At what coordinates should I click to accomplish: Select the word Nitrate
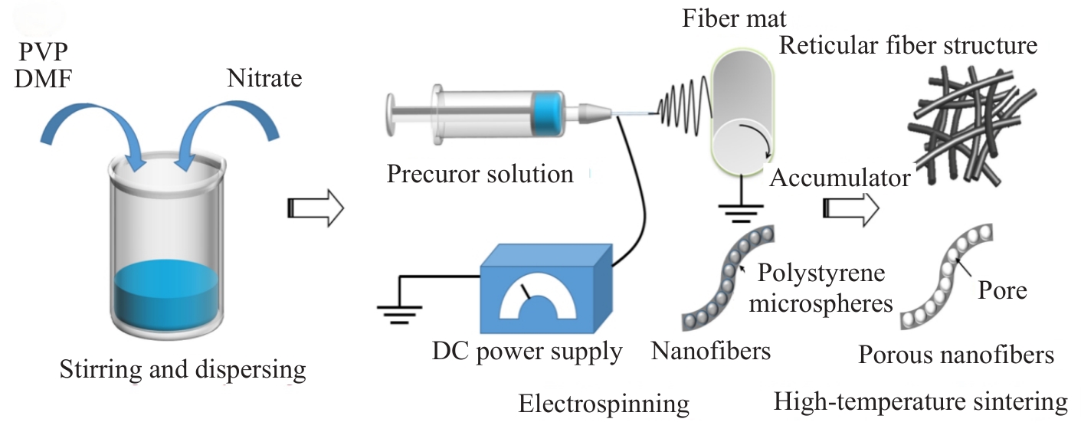click(264, 78)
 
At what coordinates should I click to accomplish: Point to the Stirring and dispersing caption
click(183, 371)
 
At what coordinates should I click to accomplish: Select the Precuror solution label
click(480, 174)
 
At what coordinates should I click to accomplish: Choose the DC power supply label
click(527, 352)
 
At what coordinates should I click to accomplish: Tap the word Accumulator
click(840, 178)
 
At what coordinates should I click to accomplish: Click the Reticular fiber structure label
click(908, 45)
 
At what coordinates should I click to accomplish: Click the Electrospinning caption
click(604, 404)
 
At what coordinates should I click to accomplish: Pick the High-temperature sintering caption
click(920, 401)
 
